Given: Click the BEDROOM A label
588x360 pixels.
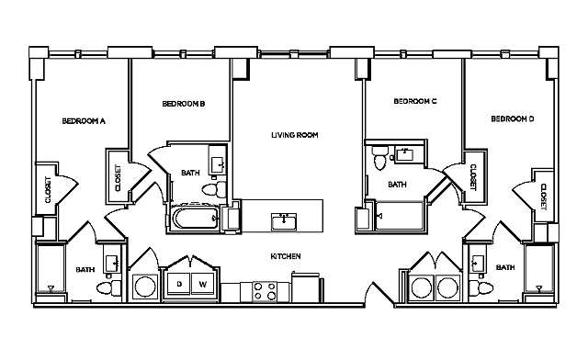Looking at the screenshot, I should (84, 120).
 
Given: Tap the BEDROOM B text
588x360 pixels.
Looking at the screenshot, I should (183, 104).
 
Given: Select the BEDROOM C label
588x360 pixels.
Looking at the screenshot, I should (414, 101).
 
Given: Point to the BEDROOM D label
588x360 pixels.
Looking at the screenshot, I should (513, 118).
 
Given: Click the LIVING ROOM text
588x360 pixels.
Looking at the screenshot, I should (294, 135).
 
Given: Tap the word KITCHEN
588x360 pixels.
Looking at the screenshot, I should (287, 255).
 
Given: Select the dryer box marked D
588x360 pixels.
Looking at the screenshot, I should (179, 285).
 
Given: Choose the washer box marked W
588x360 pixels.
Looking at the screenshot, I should (202, 285).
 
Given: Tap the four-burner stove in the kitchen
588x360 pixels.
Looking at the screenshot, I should (265, 292).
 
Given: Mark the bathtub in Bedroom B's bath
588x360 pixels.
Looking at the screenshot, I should (191, 219).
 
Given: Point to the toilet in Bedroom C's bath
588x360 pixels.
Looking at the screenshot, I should (379, 163).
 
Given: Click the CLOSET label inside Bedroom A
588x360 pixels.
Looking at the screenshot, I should (48, 190).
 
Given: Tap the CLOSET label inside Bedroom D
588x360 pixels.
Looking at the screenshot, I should (544, 196).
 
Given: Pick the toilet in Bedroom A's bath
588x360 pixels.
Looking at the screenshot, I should (106, 288).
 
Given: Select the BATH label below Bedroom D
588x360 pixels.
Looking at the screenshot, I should (505, 268).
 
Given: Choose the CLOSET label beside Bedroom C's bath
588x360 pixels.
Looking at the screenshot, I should (473, 177).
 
